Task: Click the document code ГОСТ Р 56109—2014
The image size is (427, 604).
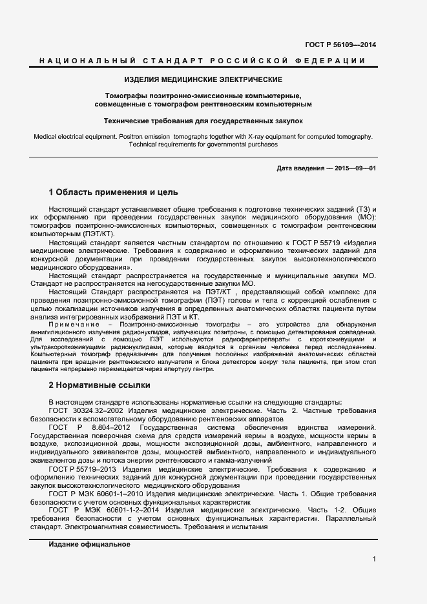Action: (x=340, y=45)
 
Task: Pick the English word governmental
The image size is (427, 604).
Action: (x=231, y=145)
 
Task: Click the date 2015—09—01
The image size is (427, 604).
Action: (x=353, y=168)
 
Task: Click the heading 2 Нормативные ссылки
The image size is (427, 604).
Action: (x=99, y=385)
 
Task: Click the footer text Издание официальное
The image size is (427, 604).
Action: (x=89, y=544)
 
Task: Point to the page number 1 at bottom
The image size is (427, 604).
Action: (x=374, y=559)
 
